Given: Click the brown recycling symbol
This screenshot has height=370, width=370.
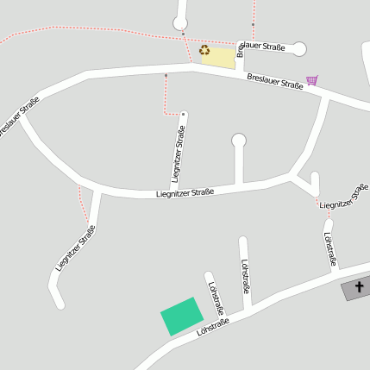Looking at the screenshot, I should (204, 49).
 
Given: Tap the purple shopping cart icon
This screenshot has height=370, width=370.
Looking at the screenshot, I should (311, 80).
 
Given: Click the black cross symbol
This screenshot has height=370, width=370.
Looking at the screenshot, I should (359, 286).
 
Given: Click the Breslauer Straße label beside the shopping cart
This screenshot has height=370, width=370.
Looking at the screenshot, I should (274, 85).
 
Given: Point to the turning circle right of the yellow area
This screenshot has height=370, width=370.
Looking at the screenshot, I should (299, 49).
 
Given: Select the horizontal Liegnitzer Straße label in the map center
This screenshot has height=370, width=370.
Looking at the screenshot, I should (185, 193).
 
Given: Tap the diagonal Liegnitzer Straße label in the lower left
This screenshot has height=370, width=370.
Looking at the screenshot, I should (75, 248).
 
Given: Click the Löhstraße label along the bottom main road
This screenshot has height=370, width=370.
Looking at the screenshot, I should (212, 328).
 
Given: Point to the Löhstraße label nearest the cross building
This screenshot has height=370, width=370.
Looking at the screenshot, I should (329, 248).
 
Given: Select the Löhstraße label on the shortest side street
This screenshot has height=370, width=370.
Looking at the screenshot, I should (215, 294).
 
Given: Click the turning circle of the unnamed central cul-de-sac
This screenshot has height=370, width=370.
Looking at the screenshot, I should (239, 140).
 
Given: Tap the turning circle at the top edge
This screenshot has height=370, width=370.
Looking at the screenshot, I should (180, 22).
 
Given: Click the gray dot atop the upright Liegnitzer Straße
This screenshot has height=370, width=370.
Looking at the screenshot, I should (184, 114).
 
